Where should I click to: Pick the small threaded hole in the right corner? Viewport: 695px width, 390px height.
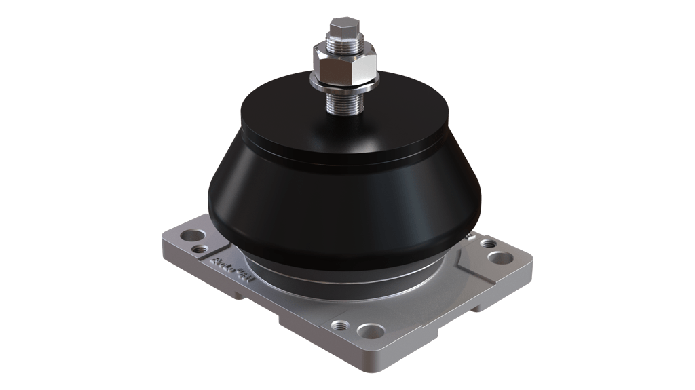coord(487,243)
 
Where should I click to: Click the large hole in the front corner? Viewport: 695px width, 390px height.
coord(370,331)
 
